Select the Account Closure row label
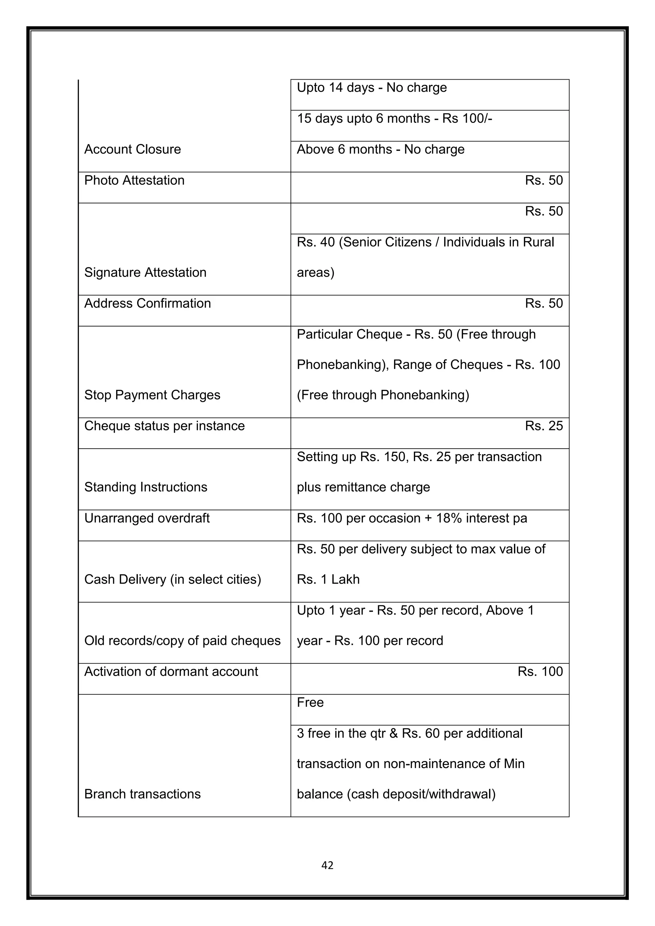[132, 149]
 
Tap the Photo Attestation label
[134, 180]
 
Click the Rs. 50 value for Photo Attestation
[543, 180]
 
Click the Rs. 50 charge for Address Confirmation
[543, 303]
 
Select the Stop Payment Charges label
[152, 395]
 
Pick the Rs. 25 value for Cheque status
[543, 426]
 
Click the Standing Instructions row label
[146, 487]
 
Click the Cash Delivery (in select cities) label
[173, 580]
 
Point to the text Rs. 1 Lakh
[328, 580]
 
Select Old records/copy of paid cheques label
[182, 641]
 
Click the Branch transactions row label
[142, 794]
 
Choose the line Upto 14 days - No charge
[371, 88]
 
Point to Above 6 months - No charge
[380, 149]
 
